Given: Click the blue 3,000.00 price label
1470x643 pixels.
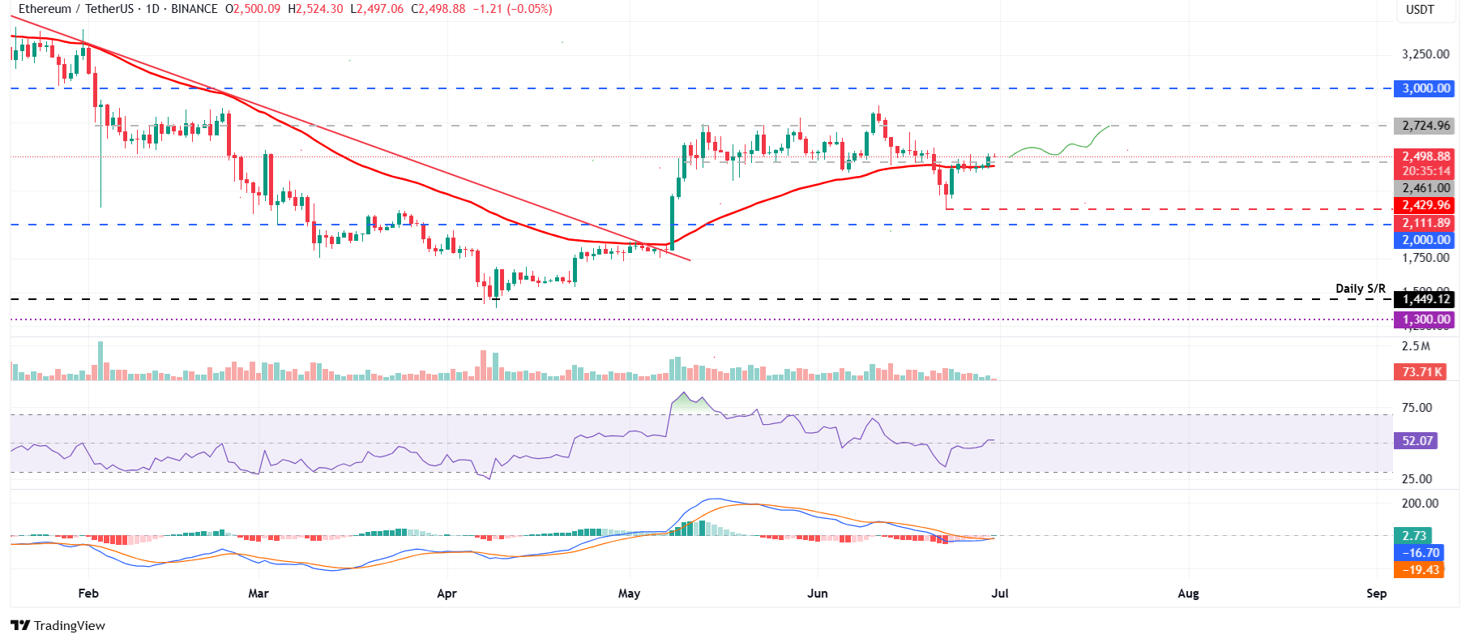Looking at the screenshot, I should click(1425, 88).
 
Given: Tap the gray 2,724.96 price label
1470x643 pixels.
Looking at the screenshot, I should click(1425, 126).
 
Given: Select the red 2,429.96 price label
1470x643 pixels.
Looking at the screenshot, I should click(1425, 205).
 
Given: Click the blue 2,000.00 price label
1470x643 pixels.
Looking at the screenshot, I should click(1425, 240).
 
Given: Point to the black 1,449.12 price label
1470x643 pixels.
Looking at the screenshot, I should click(1425, 299).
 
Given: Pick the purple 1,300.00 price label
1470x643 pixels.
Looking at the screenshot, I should click(1425, 319).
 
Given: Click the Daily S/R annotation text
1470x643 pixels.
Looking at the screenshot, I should click(1360, 288).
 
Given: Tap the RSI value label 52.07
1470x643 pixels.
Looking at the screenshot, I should click(1417, 441).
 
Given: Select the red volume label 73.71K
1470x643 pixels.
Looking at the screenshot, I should click(1421, 372).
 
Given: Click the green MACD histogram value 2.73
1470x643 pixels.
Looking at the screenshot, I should click(1414, 536).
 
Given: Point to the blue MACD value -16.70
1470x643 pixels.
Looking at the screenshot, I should click(1421, 553).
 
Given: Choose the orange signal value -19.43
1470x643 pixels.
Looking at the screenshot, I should click(1421, 570).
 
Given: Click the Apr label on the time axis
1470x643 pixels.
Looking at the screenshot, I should click(447, 594).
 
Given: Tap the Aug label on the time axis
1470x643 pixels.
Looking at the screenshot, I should click(1188, 594).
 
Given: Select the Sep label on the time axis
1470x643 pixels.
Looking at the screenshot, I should click(1376, 594).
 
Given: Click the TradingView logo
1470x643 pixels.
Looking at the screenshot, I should click(58, 625).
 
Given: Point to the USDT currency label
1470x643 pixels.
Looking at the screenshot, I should click(1420, 10).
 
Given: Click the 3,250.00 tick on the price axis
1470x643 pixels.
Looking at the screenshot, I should click(1425, 54).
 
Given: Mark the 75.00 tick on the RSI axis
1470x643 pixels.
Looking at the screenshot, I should click(1417, 408).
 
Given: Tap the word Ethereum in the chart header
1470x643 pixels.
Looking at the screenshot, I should click(45, 9).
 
